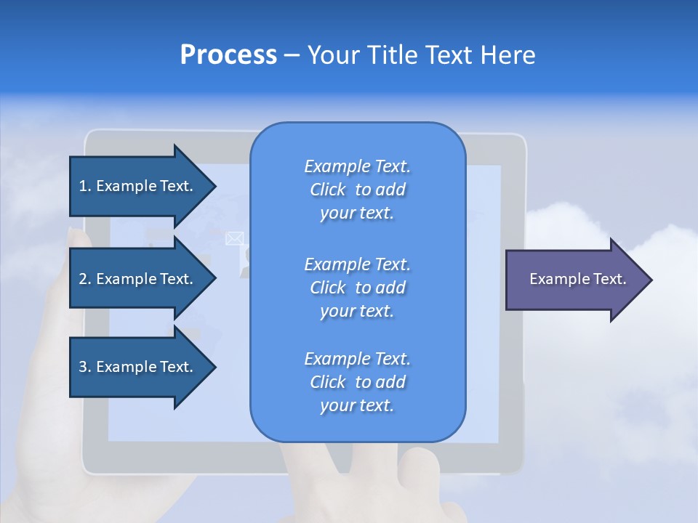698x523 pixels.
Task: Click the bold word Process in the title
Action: coord(228,55)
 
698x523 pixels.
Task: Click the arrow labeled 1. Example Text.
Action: coord(138,186)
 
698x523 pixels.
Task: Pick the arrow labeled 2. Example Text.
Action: coord(138,279)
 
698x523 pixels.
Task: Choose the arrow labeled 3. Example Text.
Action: coord(138,367)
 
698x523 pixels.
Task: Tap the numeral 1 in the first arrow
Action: coord(83,186)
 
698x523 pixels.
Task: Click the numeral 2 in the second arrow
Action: coord(83,279)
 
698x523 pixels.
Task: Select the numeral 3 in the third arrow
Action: coord(83,367)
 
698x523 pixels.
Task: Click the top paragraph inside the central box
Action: coord(357,190)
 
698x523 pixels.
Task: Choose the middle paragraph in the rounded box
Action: coord(357,288)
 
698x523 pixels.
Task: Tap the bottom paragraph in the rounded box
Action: coord(357,382)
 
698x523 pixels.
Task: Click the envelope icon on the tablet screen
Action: coord(235,238)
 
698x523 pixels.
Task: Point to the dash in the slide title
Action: coord(292,55)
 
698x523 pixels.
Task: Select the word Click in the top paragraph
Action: coord(328,190)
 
